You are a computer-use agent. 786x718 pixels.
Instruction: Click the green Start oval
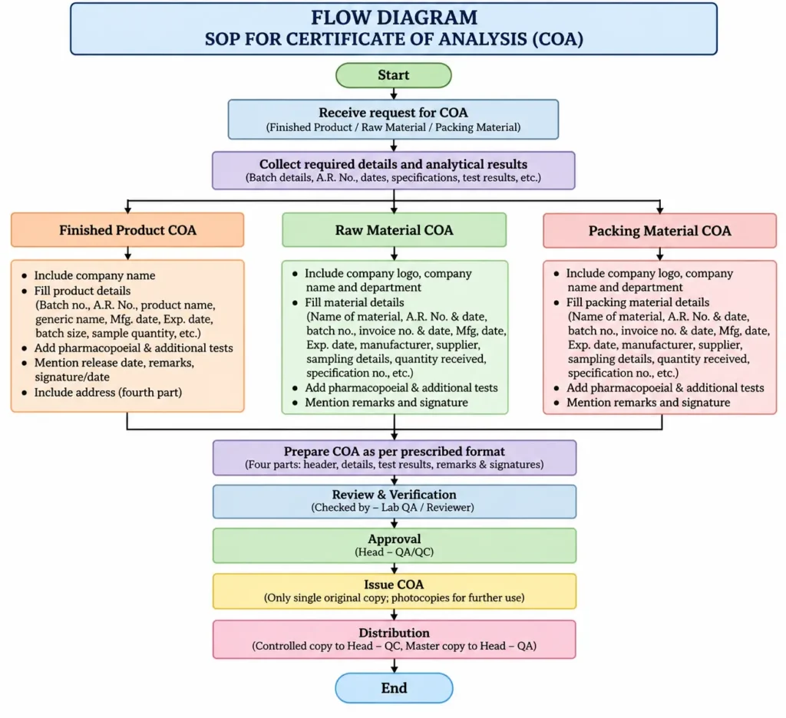tap(394, 75)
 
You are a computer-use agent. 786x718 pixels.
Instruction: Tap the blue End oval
tap(394, 688)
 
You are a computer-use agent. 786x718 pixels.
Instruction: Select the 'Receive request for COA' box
tap(393, 119)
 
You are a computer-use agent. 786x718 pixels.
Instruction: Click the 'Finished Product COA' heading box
tap(127, 230)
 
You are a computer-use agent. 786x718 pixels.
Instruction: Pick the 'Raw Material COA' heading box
tap(394, 230)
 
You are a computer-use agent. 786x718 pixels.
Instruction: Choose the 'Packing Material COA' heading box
tap(659, 230)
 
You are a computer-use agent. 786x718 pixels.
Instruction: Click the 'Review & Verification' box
tap(395, 501)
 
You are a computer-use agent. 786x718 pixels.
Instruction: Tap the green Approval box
tap(395, 545)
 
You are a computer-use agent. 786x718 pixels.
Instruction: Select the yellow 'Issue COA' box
tap(395, 591)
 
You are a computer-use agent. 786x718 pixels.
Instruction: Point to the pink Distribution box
tap(395, 639)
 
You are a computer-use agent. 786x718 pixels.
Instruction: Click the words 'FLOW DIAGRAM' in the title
tap(394, 18)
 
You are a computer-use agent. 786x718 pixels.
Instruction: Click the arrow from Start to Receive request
tap(394, 94)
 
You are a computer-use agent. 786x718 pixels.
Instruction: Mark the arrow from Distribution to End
tap(394, 666)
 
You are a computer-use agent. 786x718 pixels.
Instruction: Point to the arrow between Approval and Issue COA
tap(394, 568)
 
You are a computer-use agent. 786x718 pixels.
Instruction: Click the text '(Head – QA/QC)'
tap(394, 552)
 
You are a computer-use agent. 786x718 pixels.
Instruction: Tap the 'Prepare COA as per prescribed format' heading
tap(395, 451)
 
